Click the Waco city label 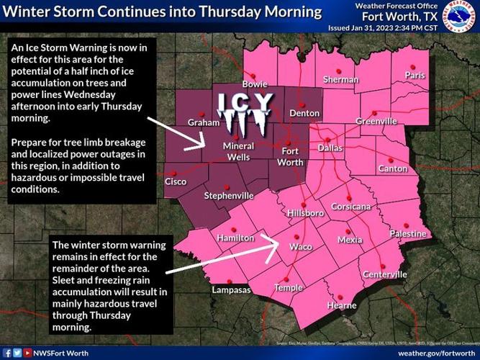(x=300, y=247)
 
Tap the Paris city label (x=415, y=76)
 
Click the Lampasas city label (x=231, y=290)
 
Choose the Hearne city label (x=342, y=306)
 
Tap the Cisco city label (x=176, y=181)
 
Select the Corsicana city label (x=350, y=207)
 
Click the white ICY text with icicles (x=245, y=112)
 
